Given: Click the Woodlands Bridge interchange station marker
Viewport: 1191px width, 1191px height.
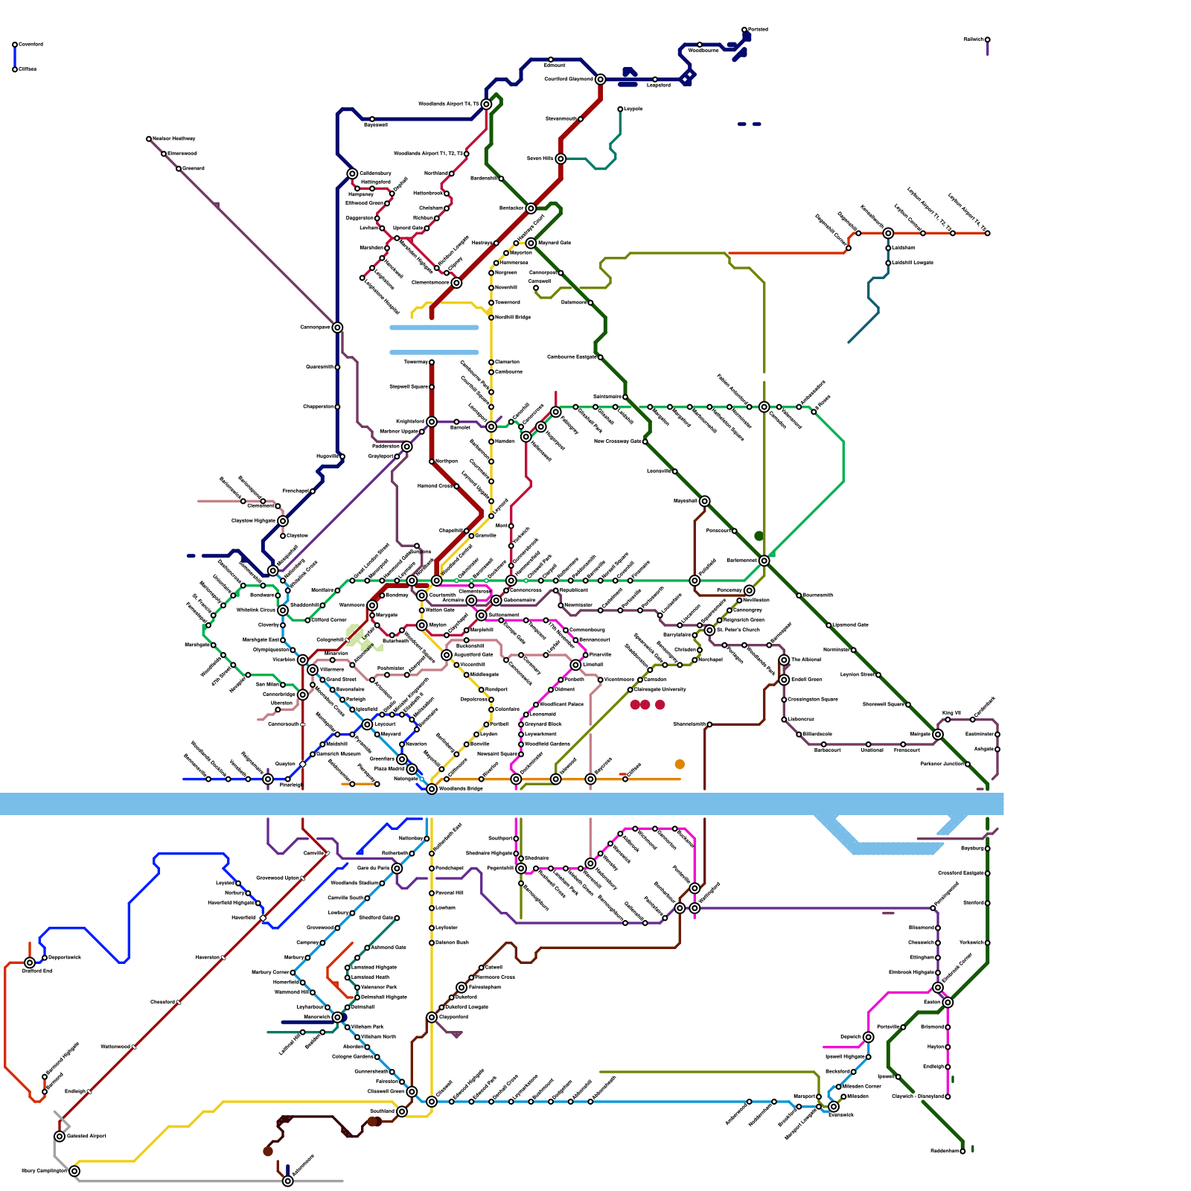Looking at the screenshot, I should tap(432, 788).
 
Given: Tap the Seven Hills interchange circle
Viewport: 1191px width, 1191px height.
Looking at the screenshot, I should tap(561, 159).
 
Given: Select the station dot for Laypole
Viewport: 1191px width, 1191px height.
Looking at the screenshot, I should tap(620, 109).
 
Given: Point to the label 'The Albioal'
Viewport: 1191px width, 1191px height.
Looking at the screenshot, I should tap(805, 660).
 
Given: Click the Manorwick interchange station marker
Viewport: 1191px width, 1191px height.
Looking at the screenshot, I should tap(337, 1017).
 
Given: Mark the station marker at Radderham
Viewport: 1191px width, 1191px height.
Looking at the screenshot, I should tap(962, 1151).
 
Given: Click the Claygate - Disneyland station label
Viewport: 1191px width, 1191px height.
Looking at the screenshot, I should tap(917, 1096).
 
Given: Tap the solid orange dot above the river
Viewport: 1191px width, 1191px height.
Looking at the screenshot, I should tap(680, 764).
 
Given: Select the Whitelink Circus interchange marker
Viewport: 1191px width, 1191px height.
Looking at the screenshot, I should tap(283, 610).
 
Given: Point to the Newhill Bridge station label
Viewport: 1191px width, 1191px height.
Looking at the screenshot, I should tap(513, 318).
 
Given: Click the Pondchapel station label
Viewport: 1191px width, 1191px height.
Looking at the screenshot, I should tap(450, 869).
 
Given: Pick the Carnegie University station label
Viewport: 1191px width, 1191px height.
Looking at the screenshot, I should tap(660, 689).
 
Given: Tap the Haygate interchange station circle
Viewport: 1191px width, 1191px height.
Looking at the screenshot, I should tap(704, 501).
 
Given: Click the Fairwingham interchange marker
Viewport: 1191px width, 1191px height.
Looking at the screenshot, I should tap(462, 987).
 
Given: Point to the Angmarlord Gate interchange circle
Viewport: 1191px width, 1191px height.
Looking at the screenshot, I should tap(447, 655).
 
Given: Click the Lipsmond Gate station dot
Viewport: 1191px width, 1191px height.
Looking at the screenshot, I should tap(828, 625).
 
